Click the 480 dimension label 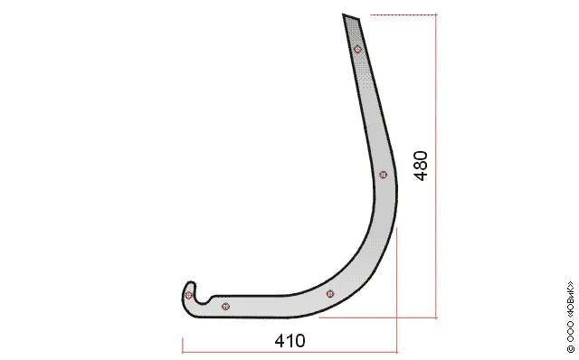(421, 166)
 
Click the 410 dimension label (289, 341)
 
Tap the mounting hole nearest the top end (357, 49)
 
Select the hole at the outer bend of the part (384, 175)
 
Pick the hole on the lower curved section (330, 294)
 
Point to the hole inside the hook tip (189, 295)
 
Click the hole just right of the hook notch (225, 307)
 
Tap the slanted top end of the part (351, 17)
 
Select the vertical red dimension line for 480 (436, 166)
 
